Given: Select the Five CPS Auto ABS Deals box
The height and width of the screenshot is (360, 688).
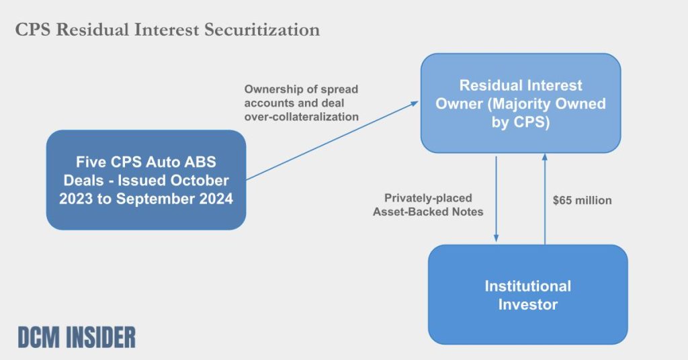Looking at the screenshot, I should [146, 179].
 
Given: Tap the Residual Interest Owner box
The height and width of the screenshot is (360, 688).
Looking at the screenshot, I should [521, 103].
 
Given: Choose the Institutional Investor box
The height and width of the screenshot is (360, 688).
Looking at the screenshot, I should [527, 294].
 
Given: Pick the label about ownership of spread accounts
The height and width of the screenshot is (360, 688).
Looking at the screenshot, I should [301, 103].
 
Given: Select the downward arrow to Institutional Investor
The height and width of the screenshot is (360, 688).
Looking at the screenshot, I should [496, 198].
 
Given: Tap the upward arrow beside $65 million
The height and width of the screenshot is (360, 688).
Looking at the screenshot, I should [545, 198].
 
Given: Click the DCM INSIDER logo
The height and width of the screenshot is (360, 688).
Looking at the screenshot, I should [77, 337].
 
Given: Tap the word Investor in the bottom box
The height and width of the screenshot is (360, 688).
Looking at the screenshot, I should [527, 304].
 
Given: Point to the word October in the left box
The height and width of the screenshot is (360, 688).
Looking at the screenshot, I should [204, 181].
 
